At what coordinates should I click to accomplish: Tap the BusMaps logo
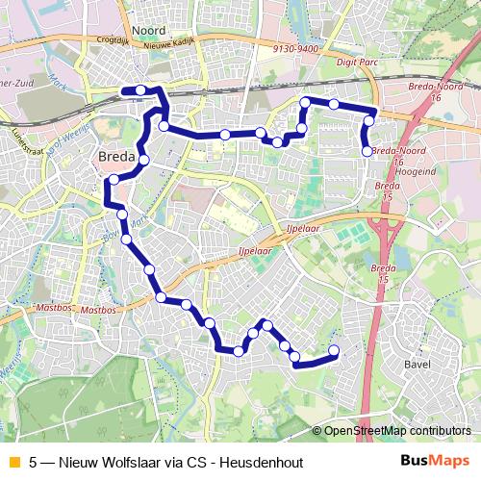pyautogui.click(x=436, y=462)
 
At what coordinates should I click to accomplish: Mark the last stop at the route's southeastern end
pyautogui.click(x=334, y=350)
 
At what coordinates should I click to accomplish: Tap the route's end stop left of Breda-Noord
pyautogui.click(x=367, y=151)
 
